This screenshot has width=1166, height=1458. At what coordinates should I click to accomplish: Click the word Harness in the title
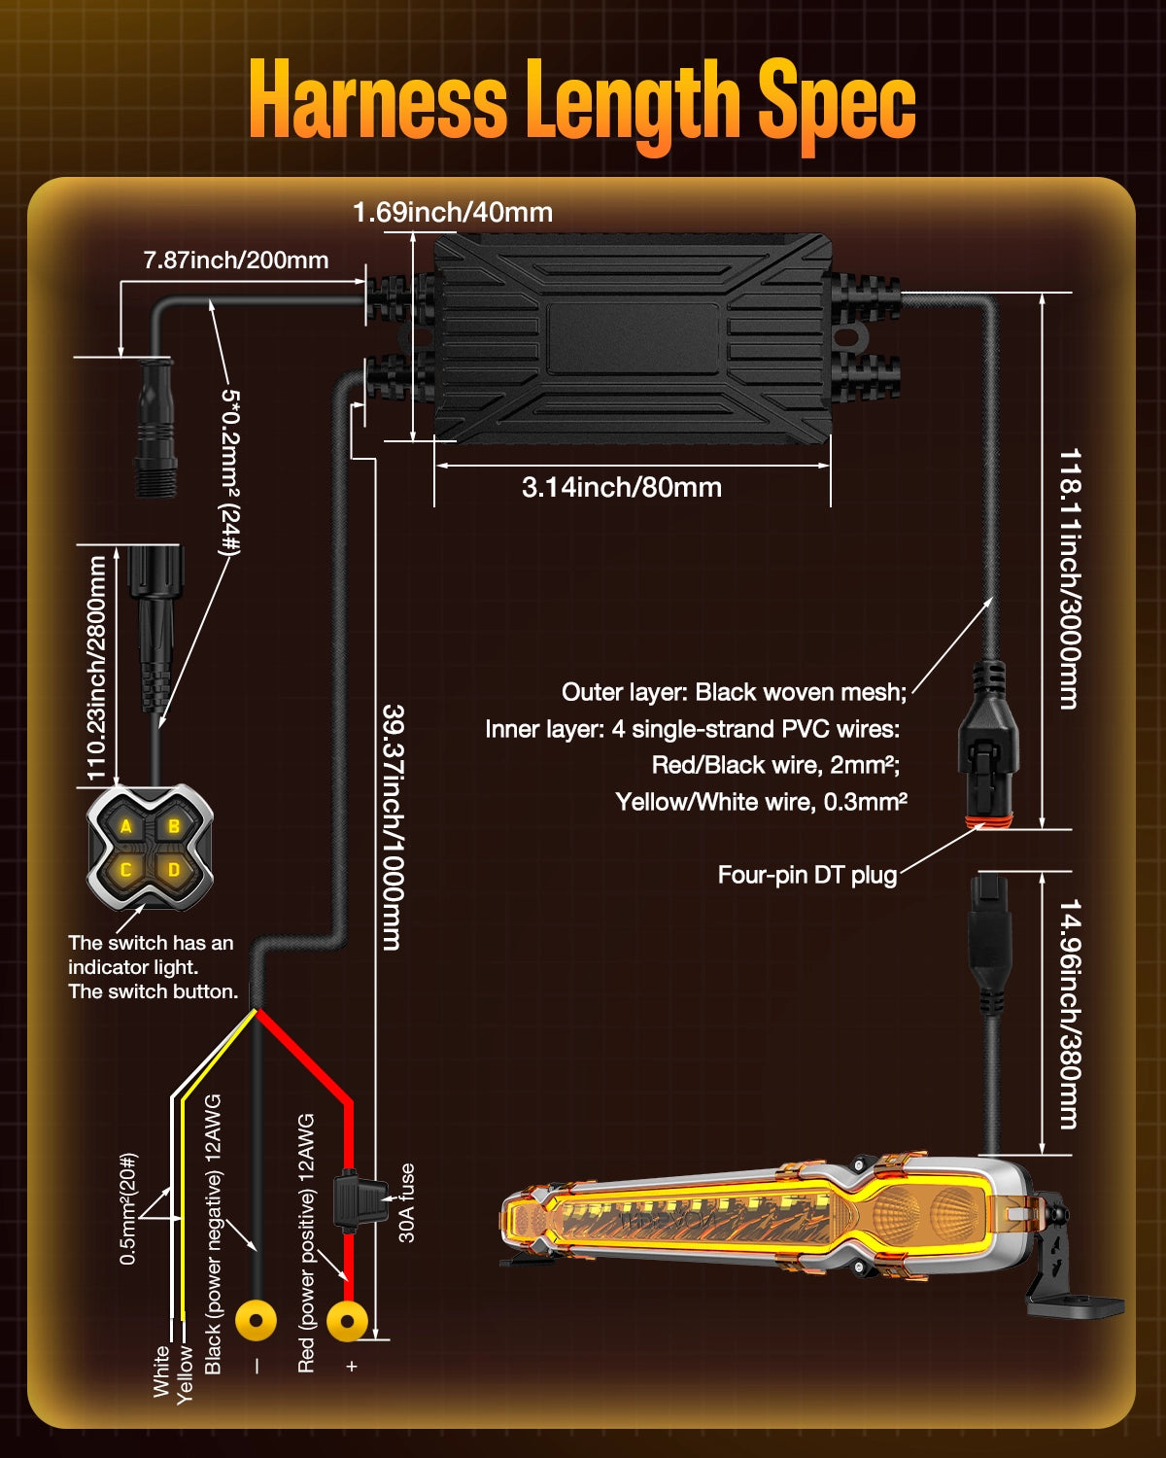379,100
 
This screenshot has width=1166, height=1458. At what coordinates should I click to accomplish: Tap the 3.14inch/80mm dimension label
622,487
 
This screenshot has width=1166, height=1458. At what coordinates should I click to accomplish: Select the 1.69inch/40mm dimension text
453,212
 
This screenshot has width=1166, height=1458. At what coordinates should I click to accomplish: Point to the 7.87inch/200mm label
236,260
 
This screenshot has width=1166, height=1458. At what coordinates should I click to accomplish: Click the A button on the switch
126,827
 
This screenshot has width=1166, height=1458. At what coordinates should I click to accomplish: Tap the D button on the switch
174,870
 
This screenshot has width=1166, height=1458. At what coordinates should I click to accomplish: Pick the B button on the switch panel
174,827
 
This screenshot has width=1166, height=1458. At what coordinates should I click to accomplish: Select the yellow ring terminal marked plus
347,1320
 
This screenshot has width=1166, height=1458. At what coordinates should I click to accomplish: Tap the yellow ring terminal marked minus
257,1320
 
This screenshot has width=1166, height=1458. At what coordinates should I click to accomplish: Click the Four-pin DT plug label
807,875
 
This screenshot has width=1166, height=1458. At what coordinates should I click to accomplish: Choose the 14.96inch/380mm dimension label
1070,1013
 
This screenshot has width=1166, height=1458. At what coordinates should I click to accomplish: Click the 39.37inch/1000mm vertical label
393,826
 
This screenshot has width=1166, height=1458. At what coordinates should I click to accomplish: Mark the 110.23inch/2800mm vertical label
96,668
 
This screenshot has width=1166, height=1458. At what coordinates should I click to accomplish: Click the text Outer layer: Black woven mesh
734,692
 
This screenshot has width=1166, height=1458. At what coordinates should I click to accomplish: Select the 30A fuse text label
407,1202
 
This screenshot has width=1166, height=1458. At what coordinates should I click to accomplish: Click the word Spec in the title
837,100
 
